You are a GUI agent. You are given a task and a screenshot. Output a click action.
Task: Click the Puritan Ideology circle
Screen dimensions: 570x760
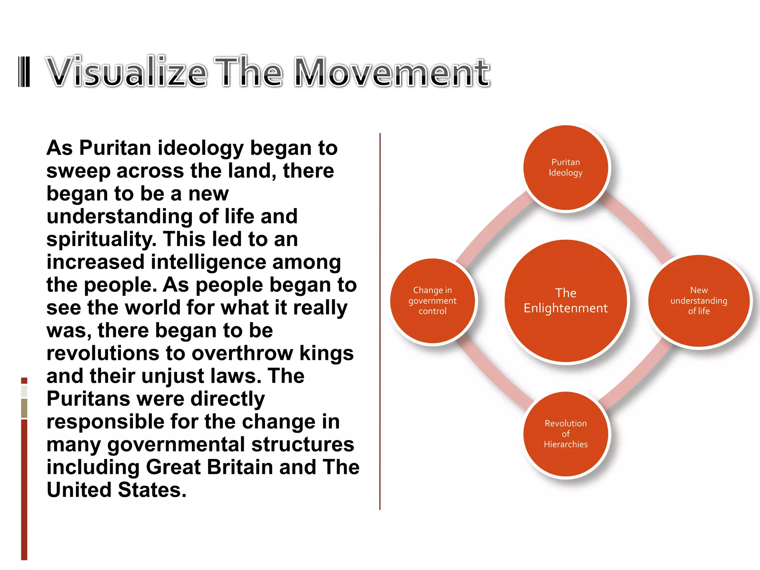pyautogui.click(x=566, y=168)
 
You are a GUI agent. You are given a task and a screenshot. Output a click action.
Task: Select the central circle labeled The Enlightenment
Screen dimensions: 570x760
pyautogui.click(x=566, y=301)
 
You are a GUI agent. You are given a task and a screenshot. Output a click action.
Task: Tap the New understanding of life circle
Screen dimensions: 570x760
pyautogui.click(x=699, y=301)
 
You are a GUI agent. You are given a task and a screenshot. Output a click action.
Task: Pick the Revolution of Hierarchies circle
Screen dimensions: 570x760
pyautogui.click(x=566, y=434)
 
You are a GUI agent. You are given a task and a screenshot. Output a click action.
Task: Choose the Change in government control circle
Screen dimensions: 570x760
pyautogui.click(x=433, y=301)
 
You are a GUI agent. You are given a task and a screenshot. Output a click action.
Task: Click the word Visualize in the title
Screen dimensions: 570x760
pyautogui.click(x=127, y=72)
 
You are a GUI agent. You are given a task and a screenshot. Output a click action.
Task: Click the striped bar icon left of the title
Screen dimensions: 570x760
pyautogui.click(x=24, y=72)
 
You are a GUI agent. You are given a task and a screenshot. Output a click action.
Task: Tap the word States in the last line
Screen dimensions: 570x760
pyautogui.click(x=152, y=490)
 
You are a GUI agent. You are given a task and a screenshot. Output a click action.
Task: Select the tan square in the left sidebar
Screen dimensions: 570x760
pyautogui.click(x=24, y=408)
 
